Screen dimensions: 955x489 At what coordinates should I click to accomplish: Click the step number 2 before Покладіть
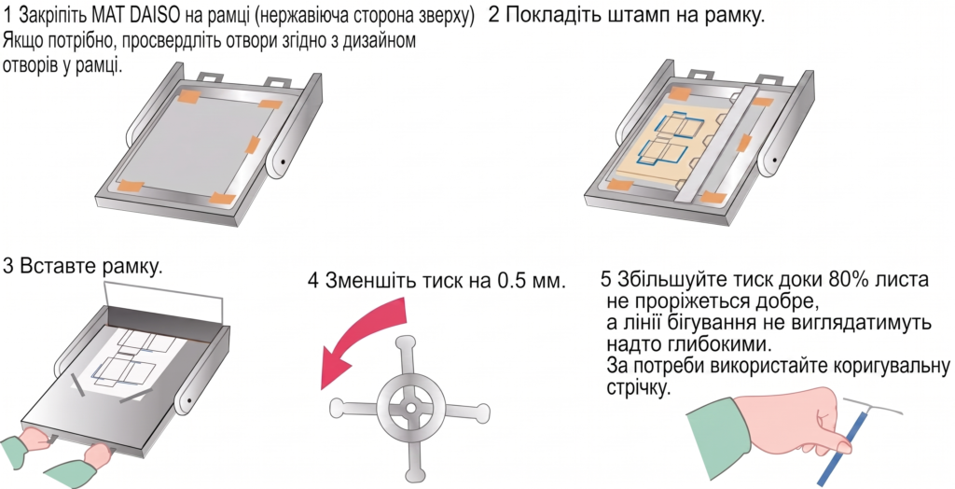point(494,15)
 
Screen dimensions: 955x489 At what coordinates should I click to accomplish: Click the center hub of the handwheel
point(411,406)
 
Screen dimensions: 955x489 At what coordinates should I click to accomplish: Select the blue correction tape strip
point(842,435)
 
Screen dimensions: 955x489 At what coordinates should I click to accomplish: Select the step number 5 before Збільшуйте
point(605,280)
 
